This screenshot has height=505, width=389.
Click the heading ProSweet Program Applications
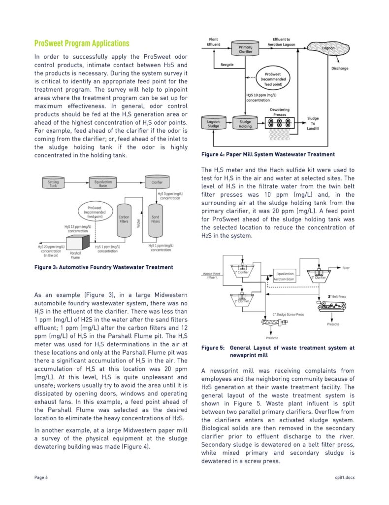(x=82, y=43)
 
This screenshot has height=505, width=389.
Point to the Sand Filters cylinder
(x=156, y=219)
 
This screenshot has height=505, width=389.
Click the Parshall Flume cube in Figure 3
(x=77, y=242)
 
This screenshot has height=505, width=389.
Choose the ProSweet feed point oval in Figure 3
(x=96, y=212)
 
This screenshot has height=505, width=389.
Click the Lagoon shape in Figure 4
(x=328, y=48)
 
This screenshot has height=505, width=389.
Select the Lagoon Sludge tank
(x=213, y=123)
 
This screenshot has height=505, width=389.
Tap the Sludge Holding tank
(x=245, y=123)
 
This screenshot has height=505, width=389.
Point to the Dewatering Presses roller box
(x=280, y=123)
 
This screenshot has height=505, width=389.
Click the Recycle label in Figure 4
(x=227, y=65)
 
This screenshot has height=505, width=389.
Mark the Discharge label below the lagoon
(x=340, y=68)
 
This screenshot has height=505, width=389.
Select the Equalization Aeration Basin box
(x=284, y=276)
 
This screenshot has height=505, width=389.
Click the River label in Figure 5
(x=346, y=268)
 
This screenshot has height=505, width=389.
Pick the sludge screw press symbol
(x=274, y=322)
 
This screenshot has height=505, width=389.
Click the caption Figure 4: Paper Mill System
(x=268, y=154)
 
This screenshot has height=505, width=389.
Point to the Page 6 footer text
(x=41, y=477)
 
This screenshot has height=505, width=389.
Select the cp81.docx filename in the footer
(x=345, y=477)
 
